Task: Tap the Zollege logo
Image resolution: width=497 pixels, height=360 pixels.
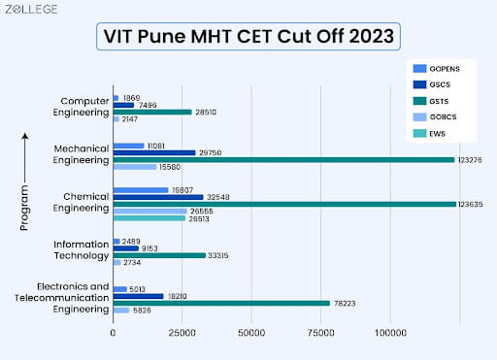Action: tap(31, 10)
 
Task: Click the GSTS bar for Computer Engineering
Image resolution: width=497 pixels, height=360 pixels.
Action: tap(152, 112)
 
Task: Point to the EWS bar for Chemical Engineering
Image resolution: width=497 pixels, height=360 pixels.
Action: tap(149, 218)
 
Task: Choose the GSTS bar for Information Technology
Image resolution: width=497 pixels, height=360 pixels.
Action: tap(159, 255)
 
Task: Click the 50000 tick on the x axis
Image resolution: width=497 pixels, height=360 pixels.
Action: tap(251, 334)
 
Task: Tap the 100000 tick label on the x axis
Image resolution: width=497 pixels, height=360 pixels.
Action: tap(390, 334)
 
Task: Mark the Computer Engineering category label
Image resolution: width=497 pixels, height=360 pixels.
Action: tap(84, 106)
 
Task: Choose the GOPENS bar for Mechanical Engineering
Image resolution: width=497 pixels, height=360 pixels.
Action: tap(129, 146)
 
